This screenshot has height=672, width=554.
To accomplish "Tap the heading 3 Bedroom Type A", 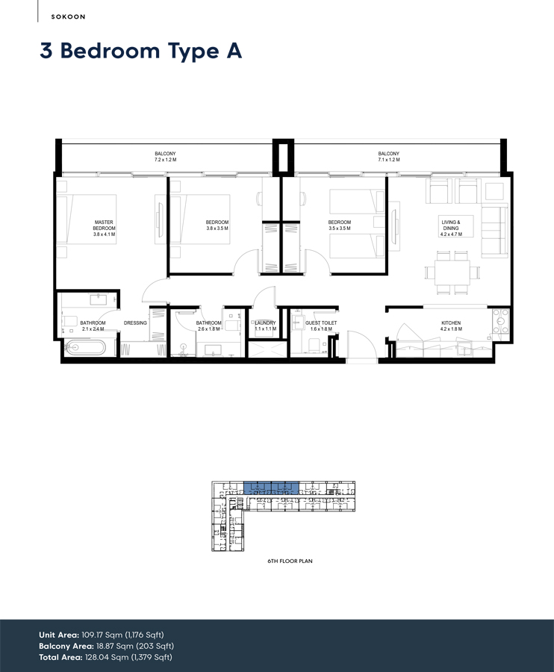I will click(141, 51).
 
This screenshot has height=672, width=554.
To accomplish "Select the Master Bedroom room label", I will click(103, 225).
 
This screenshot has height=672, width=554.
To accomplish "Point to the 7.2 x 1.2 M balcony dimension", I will click(165, 160).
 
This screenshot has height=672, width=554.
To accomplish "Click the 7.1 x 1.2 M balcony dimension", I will click(389, 160).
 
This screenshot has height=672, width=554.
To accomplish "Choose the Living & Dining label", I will click(451, 225).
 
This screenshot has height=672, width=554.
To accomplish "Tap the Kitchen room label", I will click(451, 323).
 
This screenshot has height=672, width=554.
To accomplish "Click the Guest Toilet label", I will click(321, 323).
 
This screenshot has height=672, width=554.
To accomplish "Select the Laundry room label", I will click(265, 323).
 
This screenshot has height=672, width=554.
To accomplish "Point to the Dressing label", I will click(135, 323).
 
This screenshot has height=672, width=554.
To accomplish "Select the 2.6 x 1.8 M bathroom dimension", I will click(208, 329).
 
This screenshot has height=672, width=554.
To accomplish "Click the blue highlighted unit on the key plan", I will click(271, 488).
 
